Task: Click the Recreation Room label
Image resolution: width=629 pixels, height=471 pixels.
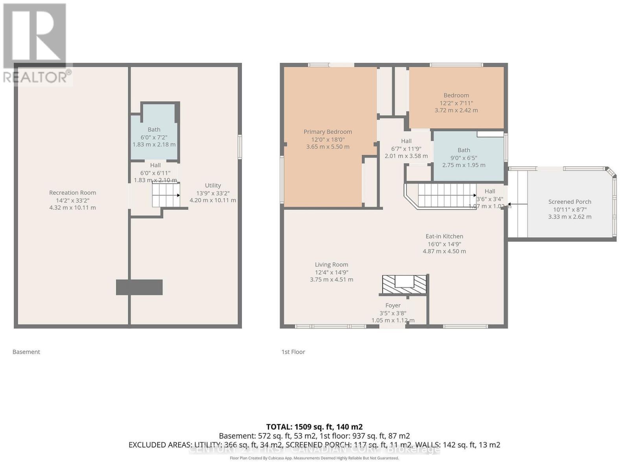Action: click(x=72, y=193)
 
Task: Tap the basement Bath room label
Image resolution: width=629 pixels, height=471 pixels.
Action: click(x=154, y=130)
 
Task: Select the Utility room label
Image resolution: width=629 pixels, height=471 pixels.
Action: click(x=213, y=186)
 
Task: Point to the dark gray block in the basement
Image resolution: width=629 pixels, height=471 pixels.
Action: click(x=139, y=287)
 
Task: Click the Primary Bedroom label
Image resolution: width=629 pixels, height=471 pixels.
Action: click(x=327, y=132)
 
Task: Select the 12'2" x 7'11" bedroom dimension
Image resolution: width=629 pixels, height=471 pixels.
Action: click(x=456, y=103)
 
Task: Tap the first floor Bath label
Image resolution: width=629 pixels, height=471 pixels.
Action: click(x=463, y=150)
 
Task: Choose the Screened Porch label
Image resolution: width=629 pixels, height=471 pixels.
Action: click(x=570, y=202)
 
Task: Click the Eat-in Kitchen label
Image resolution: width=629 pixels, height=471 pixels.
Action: click(x=444, y=236)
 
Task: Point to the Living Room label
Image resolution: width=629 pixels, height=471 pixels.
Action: click(x=331, y=265)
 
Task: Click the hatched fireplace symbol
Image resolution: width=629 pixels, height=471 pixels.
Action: click(x=404, y=284)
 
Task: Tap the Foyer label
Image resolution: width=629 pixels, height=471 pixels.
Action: click(x=393, y=305)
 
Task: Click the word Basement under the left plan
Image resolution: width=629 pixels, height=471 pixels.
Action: click(x=26, y=352)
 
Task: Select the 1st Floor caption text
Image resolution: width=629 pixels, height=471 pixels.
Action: click(x=293, y=352)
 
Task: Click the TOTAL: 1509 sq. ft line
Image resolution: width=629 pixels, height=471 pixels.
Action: click(x=314, y=427)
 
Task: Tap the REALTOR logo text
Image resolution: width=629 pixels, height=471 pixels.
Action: click(x=37, y=77)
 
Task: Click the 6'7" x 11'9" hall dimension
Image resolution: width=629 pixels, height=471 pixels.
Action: click(x=406, y=149)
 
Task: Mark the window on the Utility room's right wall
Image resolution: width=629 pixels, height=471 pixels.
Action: click(x=240, y=147)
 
